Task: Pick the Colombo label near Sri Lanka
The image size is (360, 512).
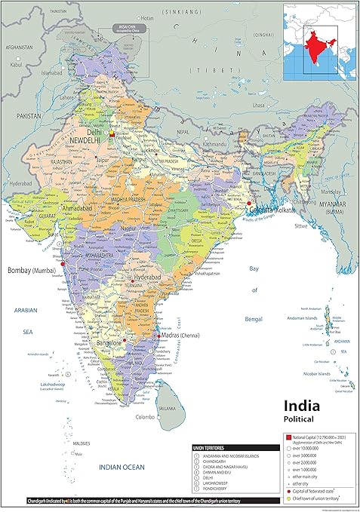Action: point(146,416)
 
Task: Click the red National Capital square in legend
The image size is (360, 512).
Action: point(287,437)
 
